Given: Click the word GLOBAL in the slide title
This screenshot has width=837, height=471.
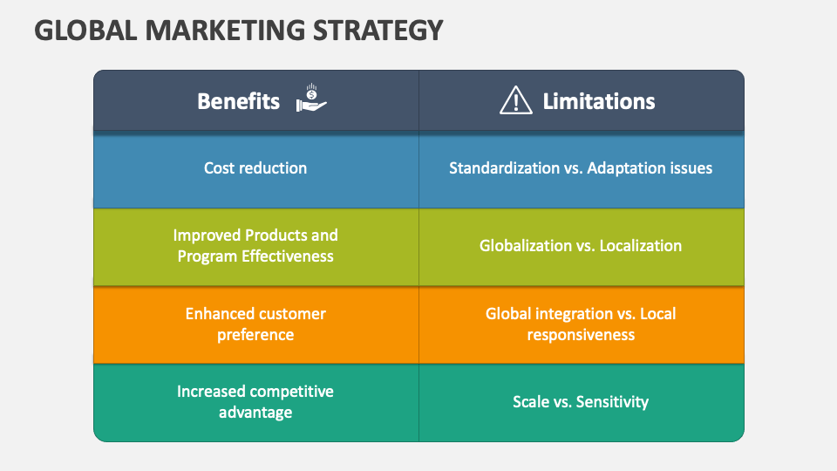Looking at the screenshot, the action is [85, 31].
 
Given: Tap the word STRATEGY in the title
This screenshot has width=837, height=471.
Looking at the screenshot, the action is [378, 31].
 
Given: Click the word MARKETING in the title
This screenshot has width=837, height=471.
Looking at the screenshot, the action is [225, 31].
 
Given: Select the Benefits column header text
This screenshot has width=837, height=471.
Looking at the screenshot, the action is [238, 101].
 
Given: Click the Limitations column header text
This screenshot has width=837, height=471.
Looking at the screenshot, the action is [598, 101].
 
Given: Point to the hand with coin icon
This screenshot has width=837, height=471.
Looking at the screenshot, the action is [311, 98].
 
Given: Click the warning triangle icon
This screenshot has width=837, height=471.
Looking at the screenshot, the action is [515, 99].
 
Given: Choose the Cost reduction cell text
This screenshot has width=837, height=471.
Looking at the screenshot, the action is [255, 168].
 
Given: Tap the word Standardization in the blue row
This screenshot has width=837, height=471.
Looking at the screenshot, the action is [504, 168].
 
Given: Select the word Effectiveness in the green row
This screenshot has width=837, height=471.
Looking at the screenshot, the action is [287, 256].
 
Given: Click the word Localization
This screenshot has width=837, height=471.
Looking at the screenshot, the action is [640, 246].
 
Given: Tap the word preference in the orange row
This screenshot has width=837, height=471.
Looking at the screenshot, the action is [255, 335].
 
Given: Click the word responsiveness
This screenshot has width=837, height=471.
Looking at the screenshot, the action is [581, 335].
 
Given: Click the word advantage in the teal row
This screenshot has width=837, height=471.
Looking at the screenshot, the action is [255, 413].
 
